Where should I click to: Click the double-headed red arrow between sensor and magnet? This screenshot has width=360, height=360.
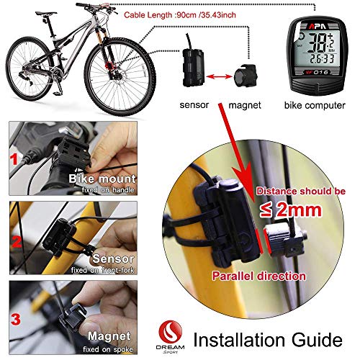[x=220, y=74]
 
